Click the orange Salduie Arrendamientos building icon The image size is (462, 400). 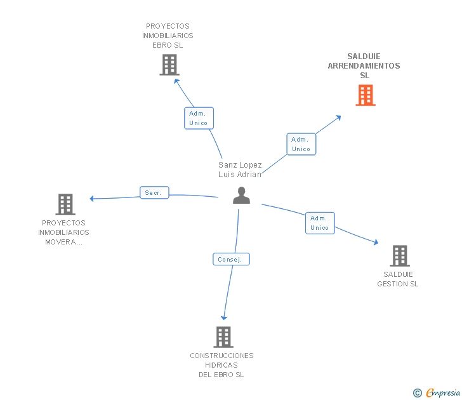pos(366,95)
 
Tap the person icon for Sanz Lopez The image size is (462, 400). pos(241,195)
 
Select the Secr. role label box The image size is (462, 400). pos(154,192)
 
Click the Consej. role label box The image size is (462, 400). pos(231,259)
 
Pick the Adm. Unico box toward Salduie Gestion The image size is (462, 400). pos(320,223)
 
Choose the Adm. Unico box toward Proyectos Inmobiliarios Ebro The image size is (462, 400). pos(199,118)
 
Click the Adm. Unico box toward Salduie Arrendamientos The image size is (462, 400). pos(301,144)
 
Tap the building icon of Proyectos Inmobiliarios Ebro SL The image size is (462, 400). pos(169,65)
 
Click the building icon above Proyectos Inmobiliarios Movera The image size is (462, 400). pos(65,204)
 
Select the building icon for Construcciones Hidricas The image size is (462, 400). pos(223,337)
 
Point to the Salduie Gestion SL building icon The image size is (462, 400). pos(400,256)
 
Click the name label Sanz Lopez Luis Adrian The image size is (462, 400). pos(240,170)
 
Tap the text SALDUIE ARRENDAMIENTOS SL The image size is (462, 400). pos(364,66)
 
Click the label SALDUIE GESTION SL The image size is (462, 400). pos(398,279)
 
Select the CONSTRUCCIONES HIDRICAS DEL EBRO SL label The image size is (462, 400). pos(221,365)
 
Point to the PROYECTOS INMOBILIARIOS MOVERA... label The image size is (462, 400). pos(63,232)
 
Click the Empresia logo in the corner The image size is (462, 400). pos(437,392)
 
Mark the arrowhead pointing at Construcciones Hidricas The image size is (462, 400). pos(224,317)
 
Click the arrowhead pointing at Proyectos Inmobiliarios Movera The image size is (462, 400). pos(91,199)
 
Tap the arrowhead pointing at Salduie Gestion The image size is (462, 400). pos(376,243)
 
